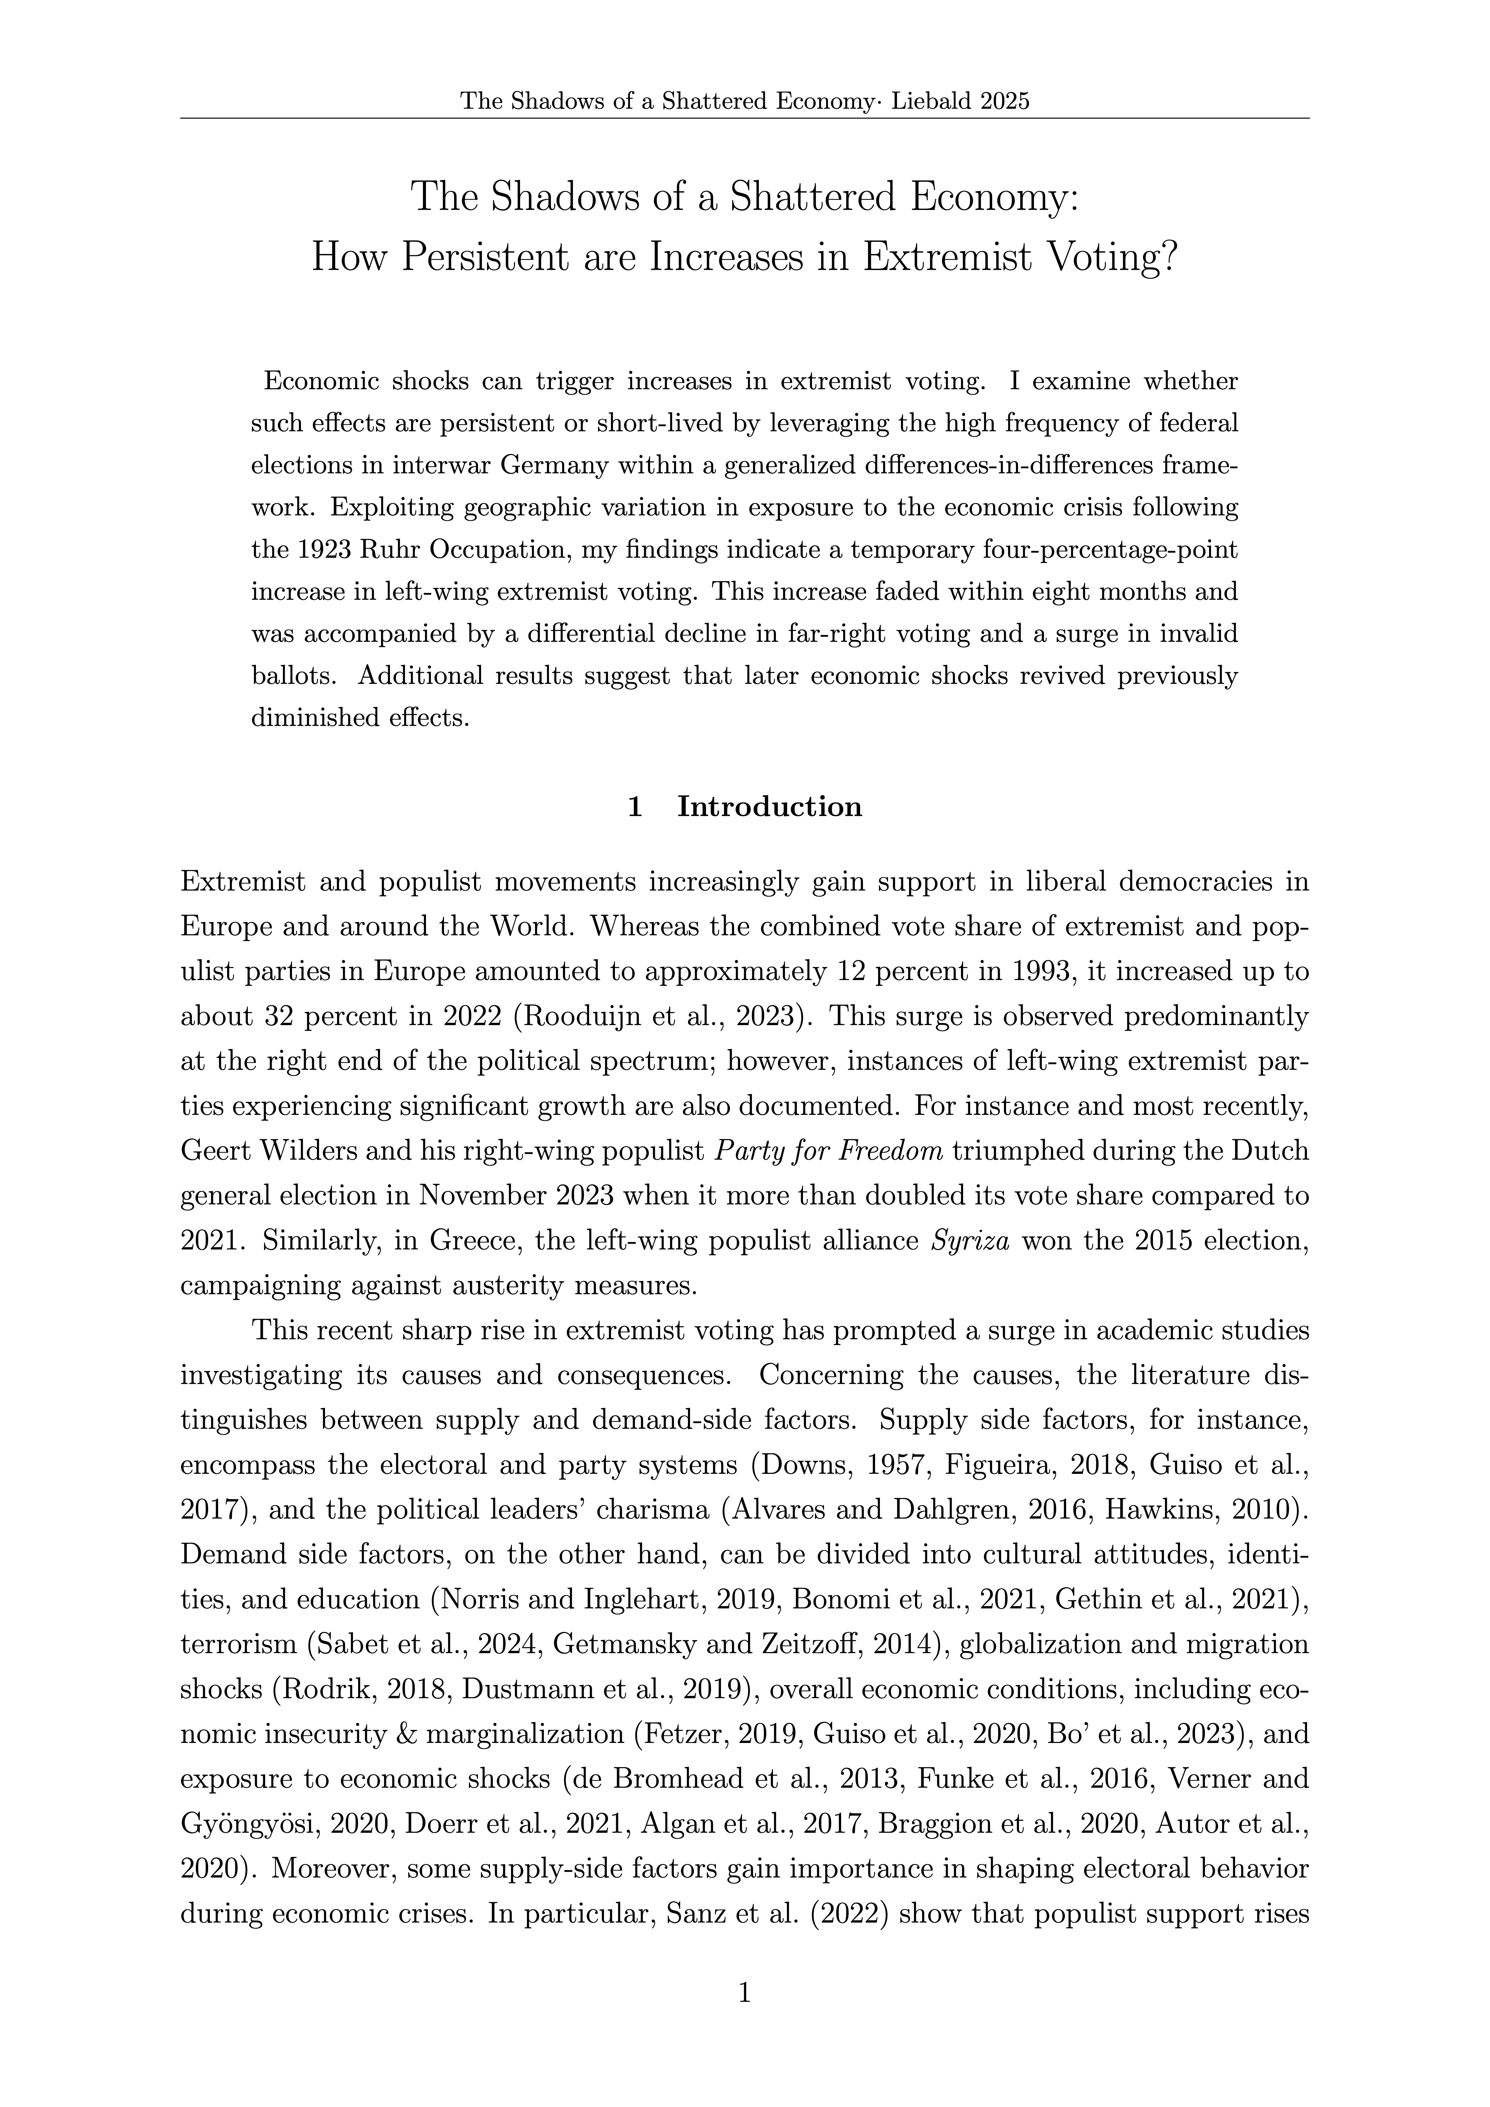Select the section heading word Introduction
(x=769, y=807)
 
